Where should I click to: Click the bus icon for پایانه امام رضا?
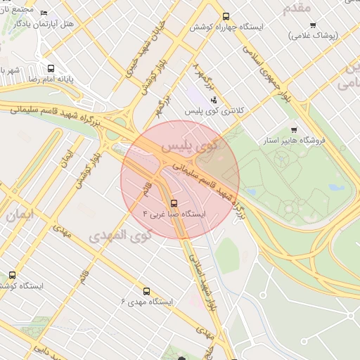click(51, 69)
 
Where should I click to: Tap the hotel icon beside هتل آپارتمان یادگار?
click(44, 13)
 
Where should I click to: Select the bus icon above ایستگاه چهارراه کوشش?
click(226, 16)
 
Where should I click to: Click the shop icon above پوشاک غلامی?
click(312, 25)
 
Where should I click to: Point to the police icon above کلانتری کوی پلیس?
click(214, 101)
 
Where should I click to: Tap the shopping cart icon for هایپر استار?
click(293, 129)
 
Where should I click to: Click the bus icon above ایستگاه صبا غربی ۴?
click(174, 202)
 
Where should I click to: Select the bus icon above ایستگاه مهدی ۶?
click(146, 291)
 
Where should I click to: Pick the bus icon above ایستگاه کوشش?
click(12, 276)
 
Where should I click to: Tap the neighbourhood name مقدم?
click(295, 8)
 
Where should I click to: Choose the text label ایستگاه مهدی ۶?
click(147, 302)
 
